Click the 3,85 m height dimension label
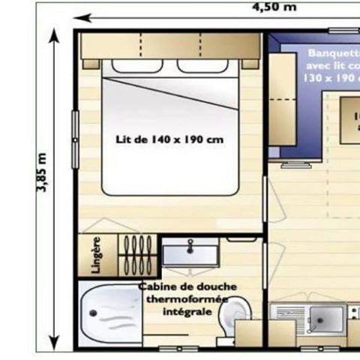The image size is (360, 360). pyautogui.click(x=41, y=173)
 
